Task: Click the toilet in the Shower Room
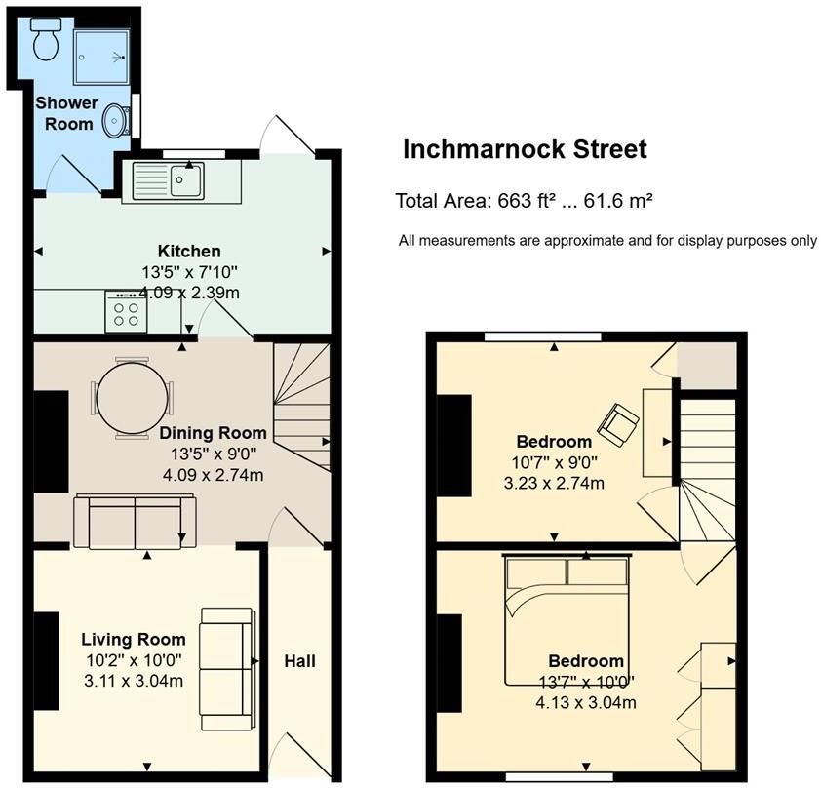click(x=45, y=41)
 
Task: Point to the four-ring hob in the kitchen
click(x=127, y=312)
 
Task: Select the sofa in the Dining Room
click(x=135, y=522)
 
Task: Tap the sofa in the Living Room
click(x=226, y=660)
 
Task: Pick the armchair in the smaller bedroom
click(x=619, y=423)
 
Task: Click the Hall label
click(x=299, y=661)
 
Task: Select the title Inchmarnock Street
click(x=525, y=150)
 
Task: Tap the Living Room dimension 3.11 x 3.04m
click(x=134, y=681)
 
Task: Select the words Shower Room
click(x=66, y=113)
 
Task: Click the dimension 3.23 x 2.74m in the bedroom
click(x=555, y=483)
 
